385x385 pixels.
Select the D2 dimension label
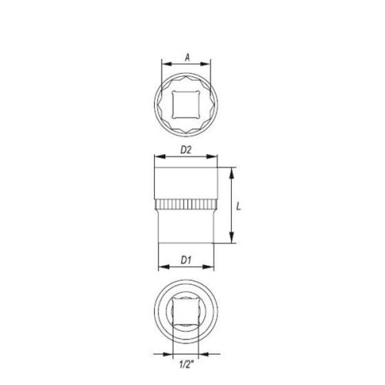(186, 151)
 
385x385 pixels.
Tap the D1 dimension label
(186, 259)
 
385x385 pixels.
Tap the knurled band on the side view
(186, 206)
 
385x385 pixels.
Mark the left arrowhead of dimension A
(162, 64)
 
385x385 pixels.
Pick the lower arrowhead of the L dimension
(231, 240)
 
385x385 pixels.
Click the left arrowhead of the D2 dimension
(157, 160)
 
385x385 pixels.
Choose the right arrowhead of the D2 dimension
(216, 160)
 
